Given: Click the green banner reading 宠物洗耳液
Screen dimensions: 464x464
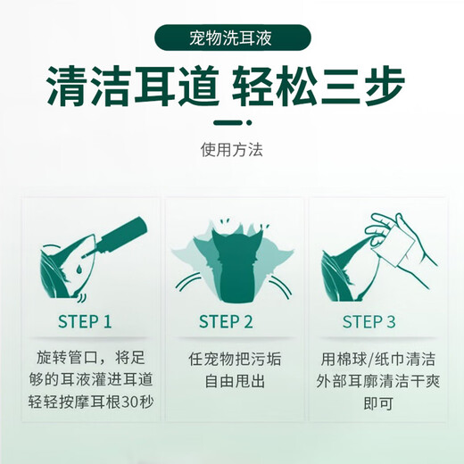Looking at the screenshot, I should tap(232, 39).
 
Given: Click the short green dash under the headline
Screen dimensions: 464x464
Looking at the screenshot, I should tap(231, 125).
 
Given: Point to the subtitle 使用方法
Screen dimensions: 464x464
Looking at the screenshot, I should tap(231, 151).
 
